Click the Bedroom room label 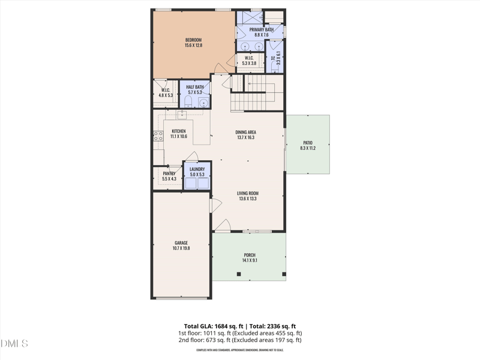(193, 40)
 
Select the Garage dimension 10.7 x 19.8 (181, 248)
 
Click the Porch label (249, 255)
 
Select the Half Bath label (195, 87)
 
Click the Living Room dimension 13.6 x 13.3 (248, 199)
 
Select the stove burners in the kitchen (158, 136)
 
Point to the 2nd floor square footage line (239, 340)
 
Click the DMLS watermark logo (14, 344)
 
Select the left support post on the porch (239, 274)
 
